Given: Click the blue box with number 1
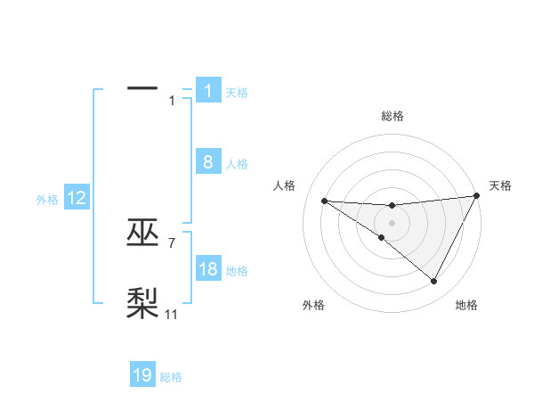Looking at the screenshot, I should (208, 91).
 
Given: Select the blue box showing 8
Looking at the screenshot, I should (208, 162).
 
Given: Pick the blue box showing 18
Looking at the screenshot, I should (208, 269).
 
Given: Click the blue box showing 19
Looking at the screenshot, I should (142, 375).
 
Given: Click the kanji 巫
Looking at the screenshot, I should (142, 234).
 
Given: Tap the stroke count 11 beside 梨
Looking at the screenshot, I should (172, 314).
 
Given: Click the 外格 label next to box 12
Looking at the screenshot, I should (47, 200).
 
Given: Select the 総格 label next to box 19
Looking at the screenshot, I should (171, 377).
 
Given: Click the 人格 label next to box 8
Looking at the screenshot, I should (237, 164).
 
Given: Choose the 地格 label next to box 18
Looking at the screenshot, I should (237, 271).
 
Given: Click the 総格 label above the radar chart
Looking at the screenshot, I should (392, 116).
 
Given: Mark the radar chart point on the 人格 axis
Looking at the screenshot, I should (324, 201).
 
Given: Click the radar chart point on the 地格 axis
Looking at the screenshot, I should (434, 282).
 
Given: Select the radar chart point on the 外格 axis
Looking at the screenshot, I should (382, 237).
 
